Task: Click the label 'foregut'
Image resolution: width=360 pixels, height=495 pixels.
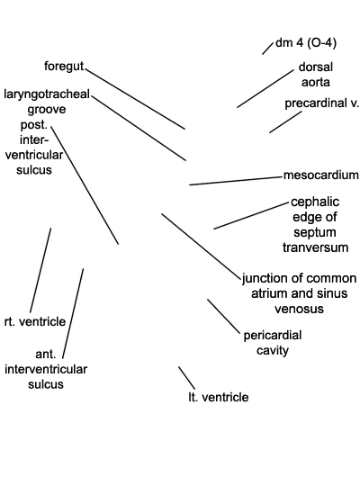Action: [x=64, y=67]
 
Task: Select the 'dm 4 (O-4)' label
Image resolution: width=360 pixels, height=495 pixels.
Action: [x=306, y=42]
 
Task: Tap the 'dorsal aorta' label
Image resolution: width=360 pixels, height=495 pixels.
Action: [x=316, y=75]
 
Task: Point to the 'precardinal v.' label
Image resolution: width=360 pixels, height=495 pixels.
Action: [x=322, y=103]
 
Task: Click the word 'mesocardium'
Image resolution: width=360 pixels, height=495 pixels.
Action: [x=320, y=175]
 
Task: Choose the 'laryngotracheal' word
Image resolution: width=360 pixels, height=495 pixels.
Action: [x=47, y=94]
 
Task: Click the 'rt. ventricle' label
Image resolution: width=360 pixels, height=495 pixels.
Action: [x=35, y=321]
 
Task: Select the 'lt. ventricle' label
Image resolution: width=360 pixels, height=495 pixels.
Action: [x=218, y=397]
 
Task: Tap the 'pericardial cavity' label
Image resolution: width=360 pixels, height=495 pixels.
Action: [x=273, y=343]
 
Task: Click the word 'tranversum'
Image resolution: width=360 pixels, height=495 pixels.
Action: [x=316, y=247]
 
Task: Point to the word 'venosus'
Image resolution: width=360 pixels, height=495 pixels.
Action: [x=299, y=309]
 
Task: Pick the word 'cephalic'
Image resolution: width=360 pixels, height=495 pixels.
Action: [x=315, y=202]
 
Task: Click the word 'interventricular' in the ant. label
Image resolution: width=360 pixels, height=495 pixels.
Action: [x=46, y=369]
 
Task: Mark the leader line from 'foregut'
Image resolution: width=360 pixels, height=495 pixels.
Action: [x=135, y=99]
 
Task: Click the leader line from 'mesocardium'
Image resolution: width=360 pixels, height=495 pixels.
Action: [x=236, y=181]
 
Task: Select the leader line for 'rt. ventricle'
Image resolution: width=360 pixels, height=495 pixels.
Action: [x=40, y=270]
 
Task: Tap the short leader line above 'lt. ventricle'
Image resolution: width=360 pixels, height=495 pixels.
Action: [x=186, y=378]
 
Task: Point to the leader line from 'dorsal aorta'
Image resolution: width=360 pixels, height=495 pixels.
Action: [x=265, y=89]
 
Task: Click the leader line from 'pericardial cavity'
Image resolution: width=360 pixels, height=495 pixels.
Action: [x=223, y=316]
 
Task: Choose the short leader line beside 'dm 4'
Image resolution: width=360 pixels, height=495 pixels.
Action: [x=268, y=49]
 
